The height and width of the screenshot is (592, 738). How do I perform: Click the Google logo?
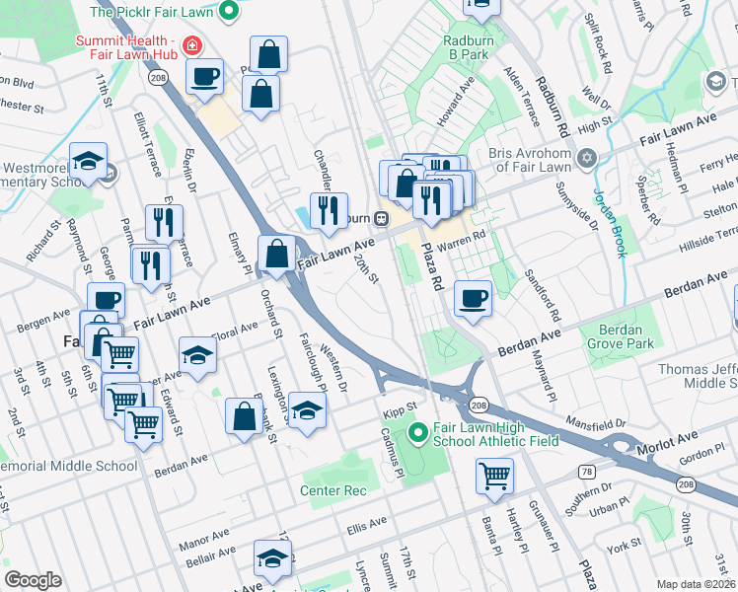(x=33, y=580)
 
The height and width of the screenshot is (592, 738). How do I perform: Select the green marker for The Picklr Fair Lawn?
(x=229, y=13)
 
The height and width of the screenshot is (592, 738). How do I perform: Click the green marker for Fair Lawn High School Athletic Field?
(x=417, y=432)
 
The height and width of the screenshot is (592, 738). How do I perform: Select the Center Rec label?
(x=333, y=490)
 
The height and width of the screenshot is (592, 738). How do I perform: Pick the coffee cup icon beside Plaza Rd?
(x=474, y=297)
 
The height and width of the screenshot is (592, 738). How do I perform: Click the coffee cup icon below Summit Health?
(x=205, y=76)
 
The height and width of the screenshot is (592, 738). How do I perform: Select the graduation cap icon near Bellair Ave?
(x=273, y=557)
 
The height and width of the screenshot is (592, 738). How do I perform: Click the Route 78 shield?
(x=588, y=473)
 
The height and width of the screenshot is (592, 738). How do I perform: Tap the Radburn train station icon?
(x=379, y=218)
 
